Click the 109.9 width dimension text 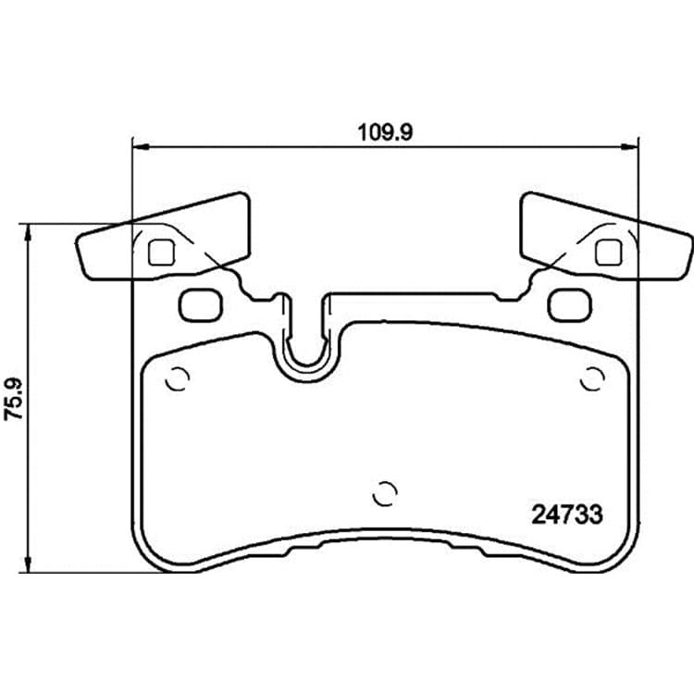pos(385,132)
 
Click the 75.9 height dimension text pos(13,398)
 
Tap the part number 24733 pos(567,514)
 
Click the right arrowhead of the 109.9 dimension pos(629,146)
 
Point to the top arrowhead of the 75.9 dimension pos(28,233)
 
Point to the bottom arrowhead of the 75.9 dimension pos(28,564)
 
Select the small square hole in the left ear pos(162,253)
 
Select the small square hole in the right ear pos(609,253)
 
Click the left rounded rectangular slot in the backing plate pos(201,305)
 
